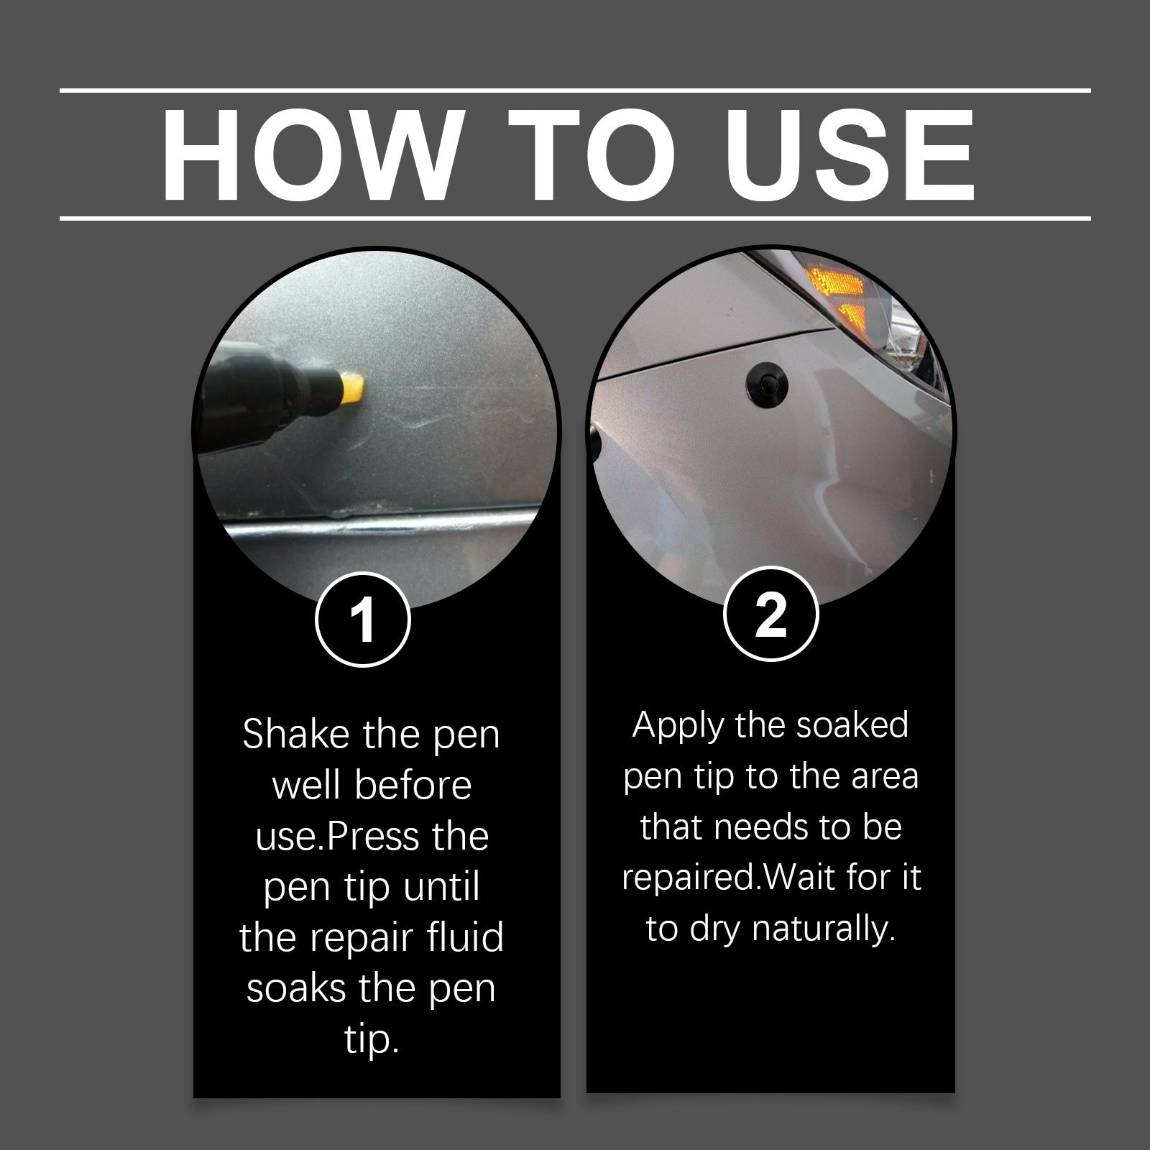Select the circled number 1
pos(363,619)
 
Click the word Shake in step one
pos(290,735)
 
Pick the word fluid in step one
pos(464,938)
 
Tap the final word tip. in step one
pos(371,1040)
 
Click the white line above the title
pos(575,91)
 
